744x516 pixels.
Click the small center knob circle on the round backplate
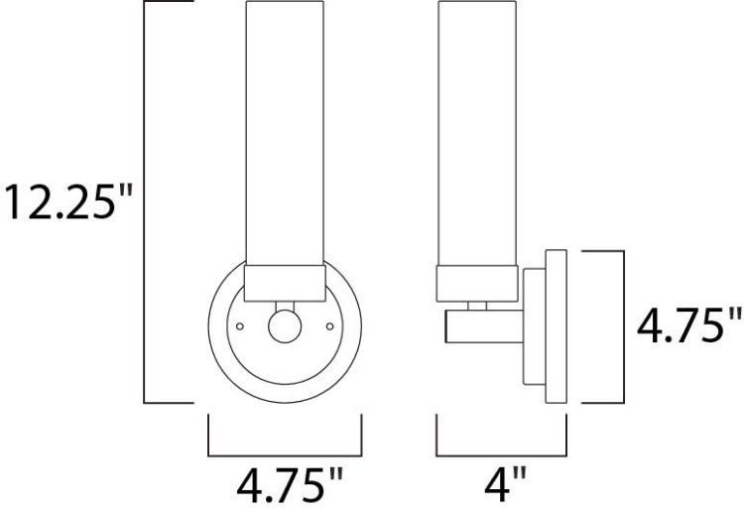(x=285, y=325)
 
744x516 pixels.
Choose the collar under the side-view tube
(x=477, y=283)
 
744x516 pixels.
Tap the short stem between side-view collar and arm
(x=477, y=306)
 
